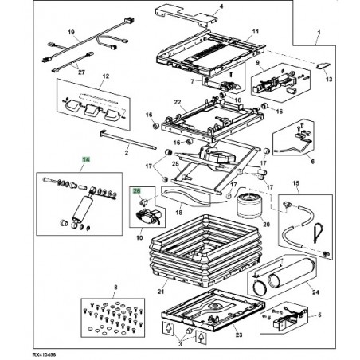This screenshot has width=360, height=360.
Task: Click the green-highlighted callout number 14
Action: coord(86,159)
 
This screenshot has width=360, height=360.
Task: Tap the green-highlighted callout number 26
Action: coord(136,190)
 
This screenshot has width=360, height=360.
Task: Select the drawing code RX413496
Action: coord(45,355)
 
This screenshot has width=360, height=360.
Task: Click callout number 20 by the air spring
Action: coord(266,225)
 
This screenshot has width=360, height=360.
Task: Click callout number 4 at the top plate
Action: coord(221,6)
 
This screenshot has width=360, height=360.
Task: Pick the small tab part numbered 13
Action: coord(323,65)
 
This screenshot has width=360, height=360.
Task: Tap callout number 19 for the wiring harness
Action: coord(71,33)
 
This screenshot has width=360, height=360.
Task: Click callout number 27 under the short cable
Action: coord(81,72)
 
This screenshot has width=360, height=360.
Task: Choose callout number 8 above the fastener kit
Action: coord(115,288)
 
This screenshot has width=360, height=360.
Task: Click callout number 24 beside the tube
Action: coord(315,292)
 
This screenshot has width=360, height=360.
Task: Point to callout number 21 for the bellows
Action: coord(161,292)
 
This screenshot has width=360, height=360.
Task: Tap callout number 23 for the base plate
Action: coord(239,335)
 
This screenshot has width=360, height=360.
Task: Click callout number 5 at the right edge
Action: coord(319,315)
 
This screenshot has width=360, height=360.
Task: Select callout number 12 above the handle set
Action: coord(106,76)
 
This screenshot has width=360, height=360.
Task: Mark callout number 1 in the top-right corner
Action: coord(319,33)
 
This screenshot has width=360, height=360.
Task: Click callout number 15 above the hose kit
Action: coord(296,183)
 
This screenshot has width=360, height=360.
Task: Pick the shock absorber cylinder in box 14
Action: coord(83,209)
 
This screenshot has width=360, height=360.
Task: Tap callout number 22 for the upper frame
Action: coord(178,102)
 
